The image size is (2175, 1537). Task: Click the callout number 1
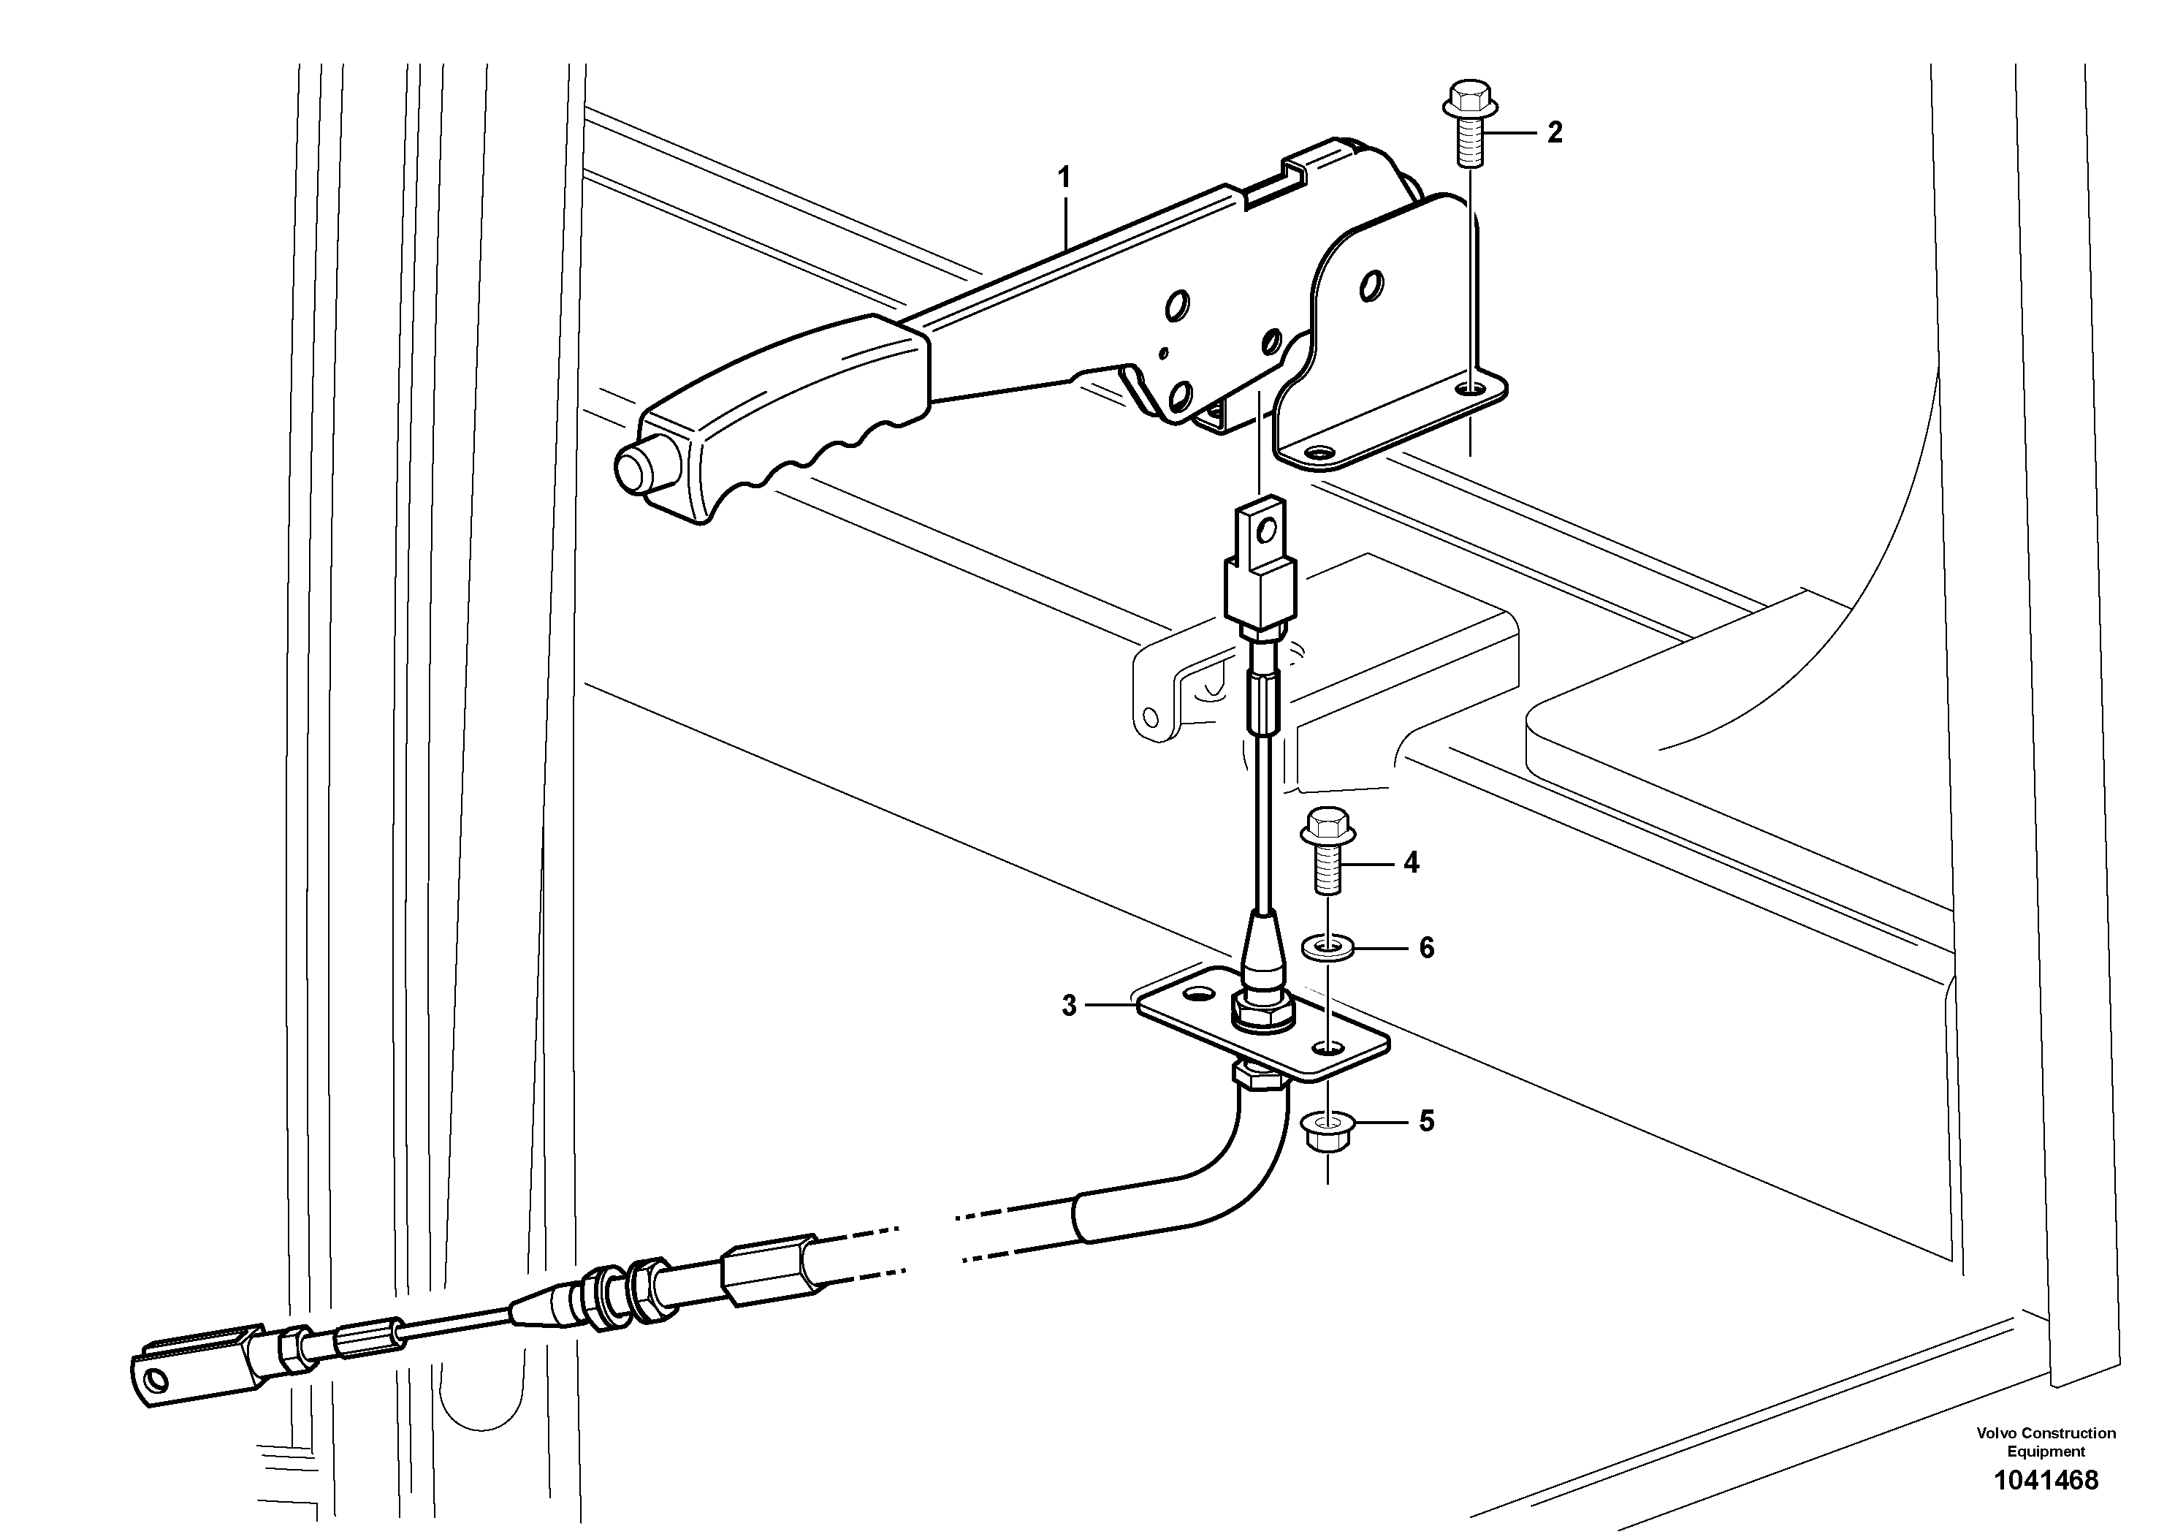tap(1064, 177)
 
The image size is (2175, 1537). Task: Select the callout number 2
tap(1555, 133)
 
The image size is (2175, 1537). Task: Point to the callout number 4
tap(1412, 862)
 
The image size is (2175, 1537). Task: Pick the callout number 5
tap(1425, 1122)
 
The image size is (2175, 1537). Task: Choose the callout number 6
tap(1425, 948)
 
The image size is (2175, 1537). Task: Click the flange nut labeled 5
tap(1328, 1128)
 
